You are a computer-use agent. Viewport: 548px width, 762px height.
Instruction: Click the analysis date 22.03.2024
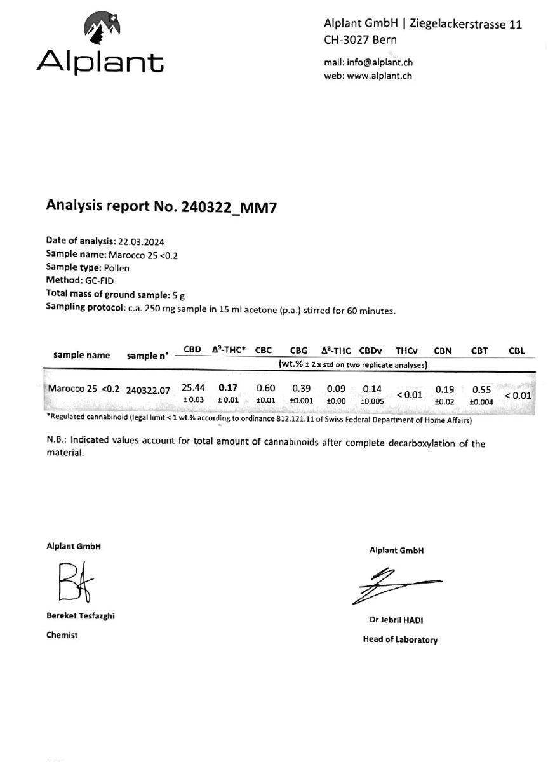pos(142,241)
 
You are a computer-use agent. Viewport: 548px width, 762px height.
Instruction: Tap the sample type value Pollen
pos(116,267)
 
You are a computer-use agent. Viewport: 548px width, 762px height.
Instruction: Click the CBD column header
pos(192,350)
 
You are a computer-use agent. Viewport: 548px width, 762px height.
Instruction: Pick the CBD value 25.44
pos(193,388)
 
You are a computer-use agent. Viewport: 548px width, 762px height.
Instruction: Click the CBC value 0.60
pos(265,388)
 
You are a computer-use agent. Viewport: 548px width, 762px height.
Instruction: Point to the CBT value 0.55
pos(481,390)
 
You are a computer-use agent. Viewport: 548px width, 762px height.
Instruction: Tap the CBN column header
pos(443,351)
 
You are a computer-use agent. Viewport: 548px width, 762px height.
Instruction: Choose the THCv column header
pos(406,351)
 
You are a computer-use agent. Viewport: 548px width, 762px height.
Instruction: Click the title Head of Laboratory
pos(400,639)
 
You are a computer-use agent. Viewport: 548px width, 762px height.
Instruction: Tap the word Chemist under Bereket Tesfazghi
pos(62,634)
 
